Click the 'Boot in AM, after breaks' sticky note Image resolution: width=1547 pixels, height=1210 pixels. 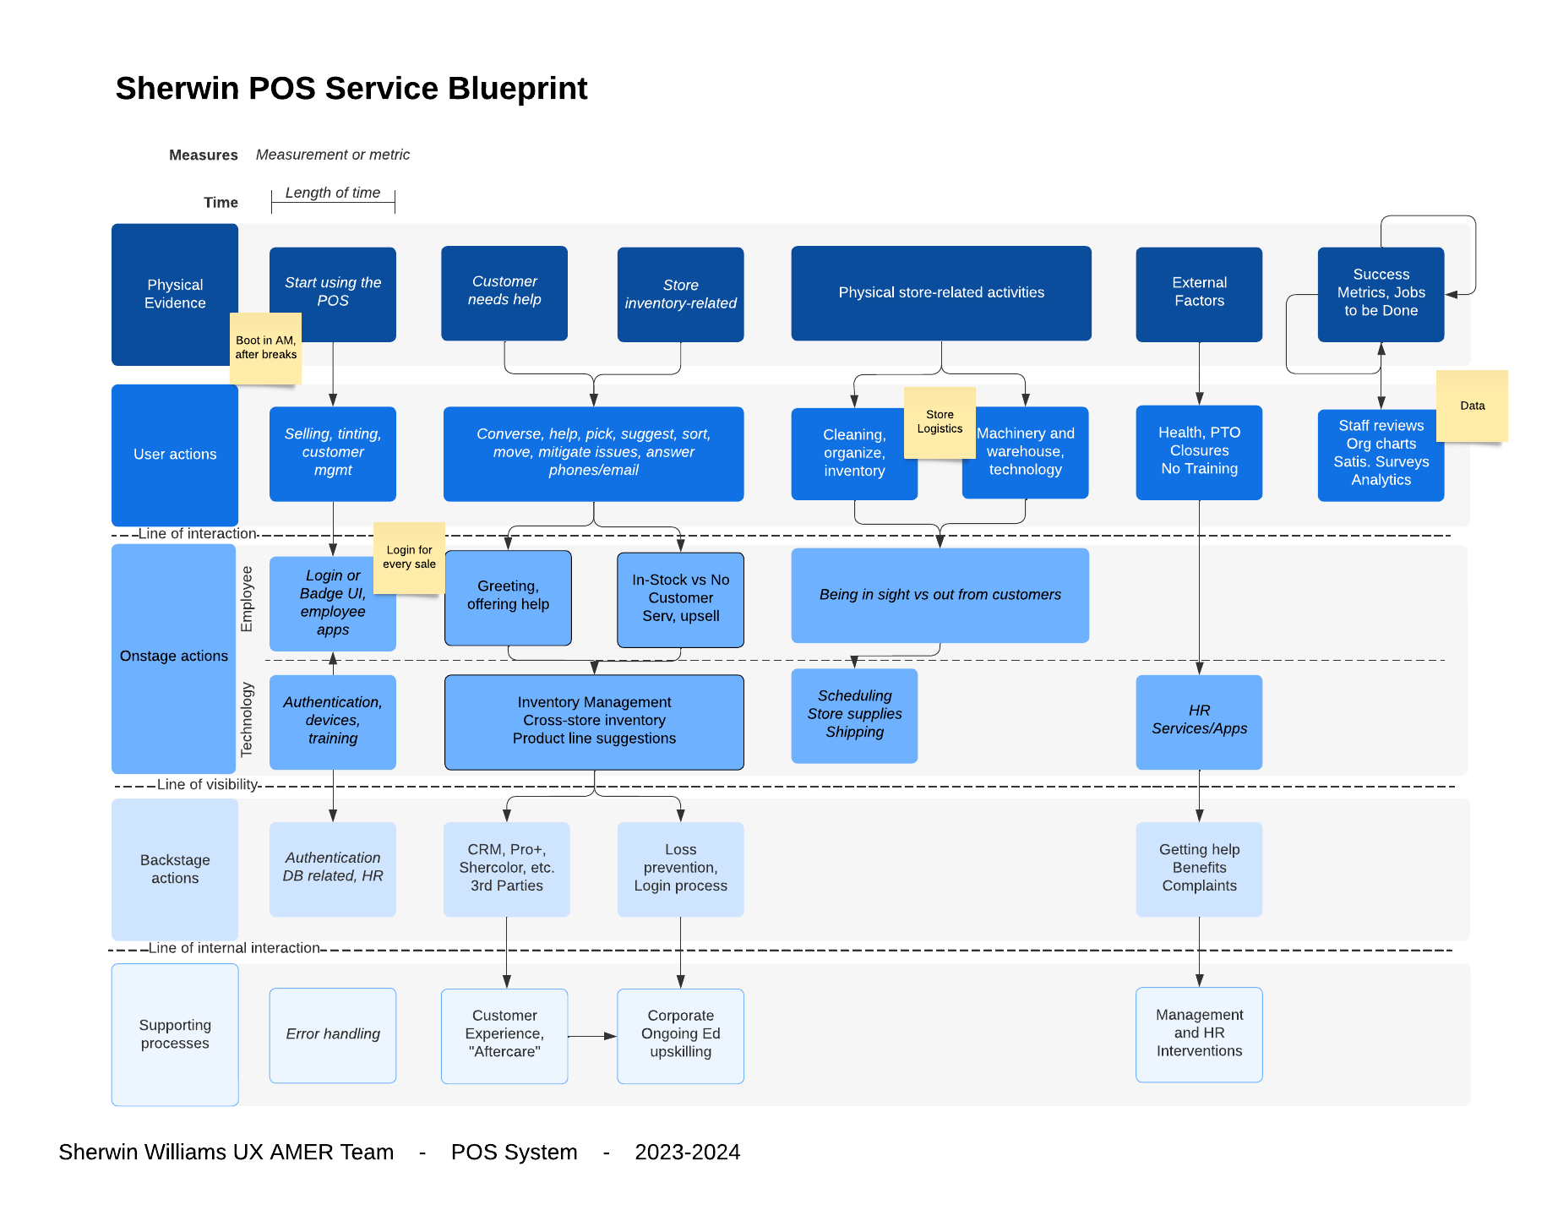click(x=265, y=348)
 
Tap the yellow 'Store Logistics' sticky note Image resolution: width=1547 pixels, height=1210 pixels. click(x=940, y=422)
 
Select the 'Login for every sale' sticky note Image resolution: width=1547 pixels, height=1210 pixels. click(x=409, y=558)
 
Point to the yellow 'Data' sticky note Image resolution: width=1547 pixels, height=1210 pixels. click(x=1472, y=406)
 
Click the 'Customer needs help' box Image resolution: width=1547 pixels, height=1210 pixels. click(x=504, y=292)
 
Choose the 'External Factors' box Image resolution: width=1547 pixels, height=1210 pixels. click(x=1199, y=294)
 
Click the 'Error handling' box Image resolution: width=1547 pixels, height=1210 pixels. click(x=333, y=1035)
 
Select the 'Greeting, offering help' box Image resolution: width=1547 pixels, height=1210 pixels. click(x=508, y=597)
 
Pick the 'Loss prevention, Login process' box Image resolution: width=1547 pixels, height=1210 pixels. click(x=680, y=869)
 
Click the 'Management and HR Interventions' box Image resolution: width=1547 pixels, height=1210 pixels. click(x=1199, y=1034)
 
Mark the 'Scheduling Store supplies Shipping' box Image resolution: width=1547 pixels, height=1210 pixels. click(x=854, y=716)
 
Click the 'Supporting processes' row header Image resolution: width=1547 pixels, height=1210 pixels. click(x=175, y=1034)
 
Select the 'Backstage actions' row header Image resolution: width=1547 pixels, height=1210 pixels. click(x=175, y=869)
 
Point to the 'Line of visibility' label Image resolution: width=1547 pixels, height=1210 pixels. click(x=207, y=784)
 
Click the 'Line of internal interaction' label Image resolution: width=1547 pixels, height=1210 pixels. click(x=234, y=948)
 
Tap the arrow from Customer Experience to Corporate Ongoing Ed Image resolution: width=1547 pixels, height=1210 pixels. click(x=592, y=1036)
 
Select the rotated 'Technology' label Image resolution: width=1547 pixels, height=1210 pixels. click(x=247, y=719)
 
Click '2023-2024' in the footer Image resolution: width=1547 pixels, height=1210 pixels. click(x=687, y=1152)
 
